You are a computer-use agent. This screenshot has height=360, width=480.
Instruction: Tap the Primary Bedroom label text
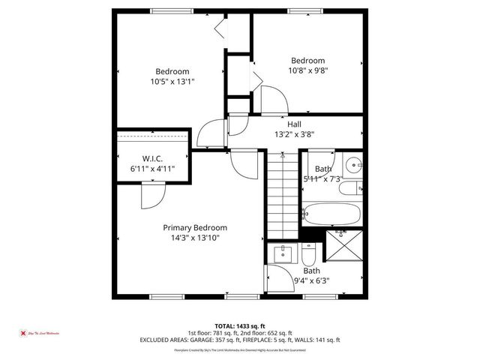(x=195, y=227)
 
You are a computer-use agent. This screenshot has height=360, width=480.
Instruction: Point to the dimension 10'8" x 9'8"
(x=307, y=70)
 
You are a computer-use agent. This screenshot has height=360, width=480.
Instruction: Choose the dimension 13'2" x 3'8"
(x=294, y=135)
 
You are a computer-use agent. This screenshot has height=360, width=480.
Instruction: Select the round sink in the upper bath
(x=353, y=163)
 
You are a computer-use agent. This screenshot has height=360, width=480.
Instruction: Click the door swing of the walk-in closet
(x=150, y=196)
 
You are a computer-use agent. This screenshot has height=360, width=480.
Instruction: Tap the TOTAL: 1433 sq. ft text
(x=239, y=325)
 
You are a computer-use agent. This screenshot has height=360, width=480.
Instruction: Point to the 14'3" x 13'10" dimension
(x=195, y=238)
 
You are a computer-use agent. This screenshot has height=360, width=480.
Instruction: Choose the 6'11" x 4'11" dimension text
(x=153, y=169)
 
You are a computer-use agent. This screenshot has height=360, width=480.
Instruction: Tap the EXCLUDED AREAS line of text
(x=239, y=340)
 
